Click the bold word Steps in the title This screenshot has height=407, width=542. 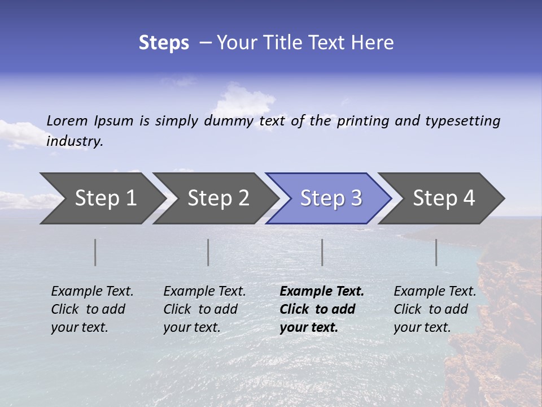pos(164,43)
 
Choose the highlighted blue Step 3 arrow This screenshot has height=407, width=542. pos(331,198)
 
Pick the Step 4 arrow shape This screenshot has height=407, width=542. pos(444,198)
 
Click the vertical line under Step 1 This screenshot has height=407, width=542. pos(95,252)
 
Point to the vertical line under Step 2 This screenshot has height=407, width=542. pos(208,252)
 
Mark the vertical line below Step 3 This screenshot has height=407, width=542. pos(322,252)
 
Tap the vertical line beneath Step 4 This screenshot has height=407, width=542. pos(436,252)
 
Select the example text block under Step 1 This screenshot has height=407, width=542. pos(92,309)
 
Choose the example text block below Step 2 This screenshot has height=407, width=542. pos(204,309)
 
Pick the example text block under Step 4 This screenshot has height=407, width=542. pos(435,309)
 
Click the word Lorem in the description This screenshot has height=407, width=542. pos(67,120)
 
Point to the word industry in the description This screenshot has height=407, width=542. pos(75,141)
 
